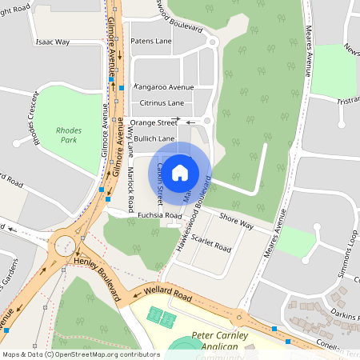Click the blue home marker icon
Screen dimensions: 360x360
tap(180, 172)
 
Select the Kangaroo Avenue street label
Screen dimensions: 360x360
tap(164, 86)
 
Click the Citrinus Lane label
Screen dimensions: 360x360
tap(162, 103)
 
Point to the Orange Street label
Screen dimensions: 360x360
tap(154, 122)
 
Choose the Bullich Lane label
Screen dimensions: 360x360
tap(154, 138)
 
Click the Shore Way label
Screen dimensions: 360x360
tap(236, 222)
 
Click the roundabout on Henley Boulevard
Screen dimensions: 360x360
tap(65, 245)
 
